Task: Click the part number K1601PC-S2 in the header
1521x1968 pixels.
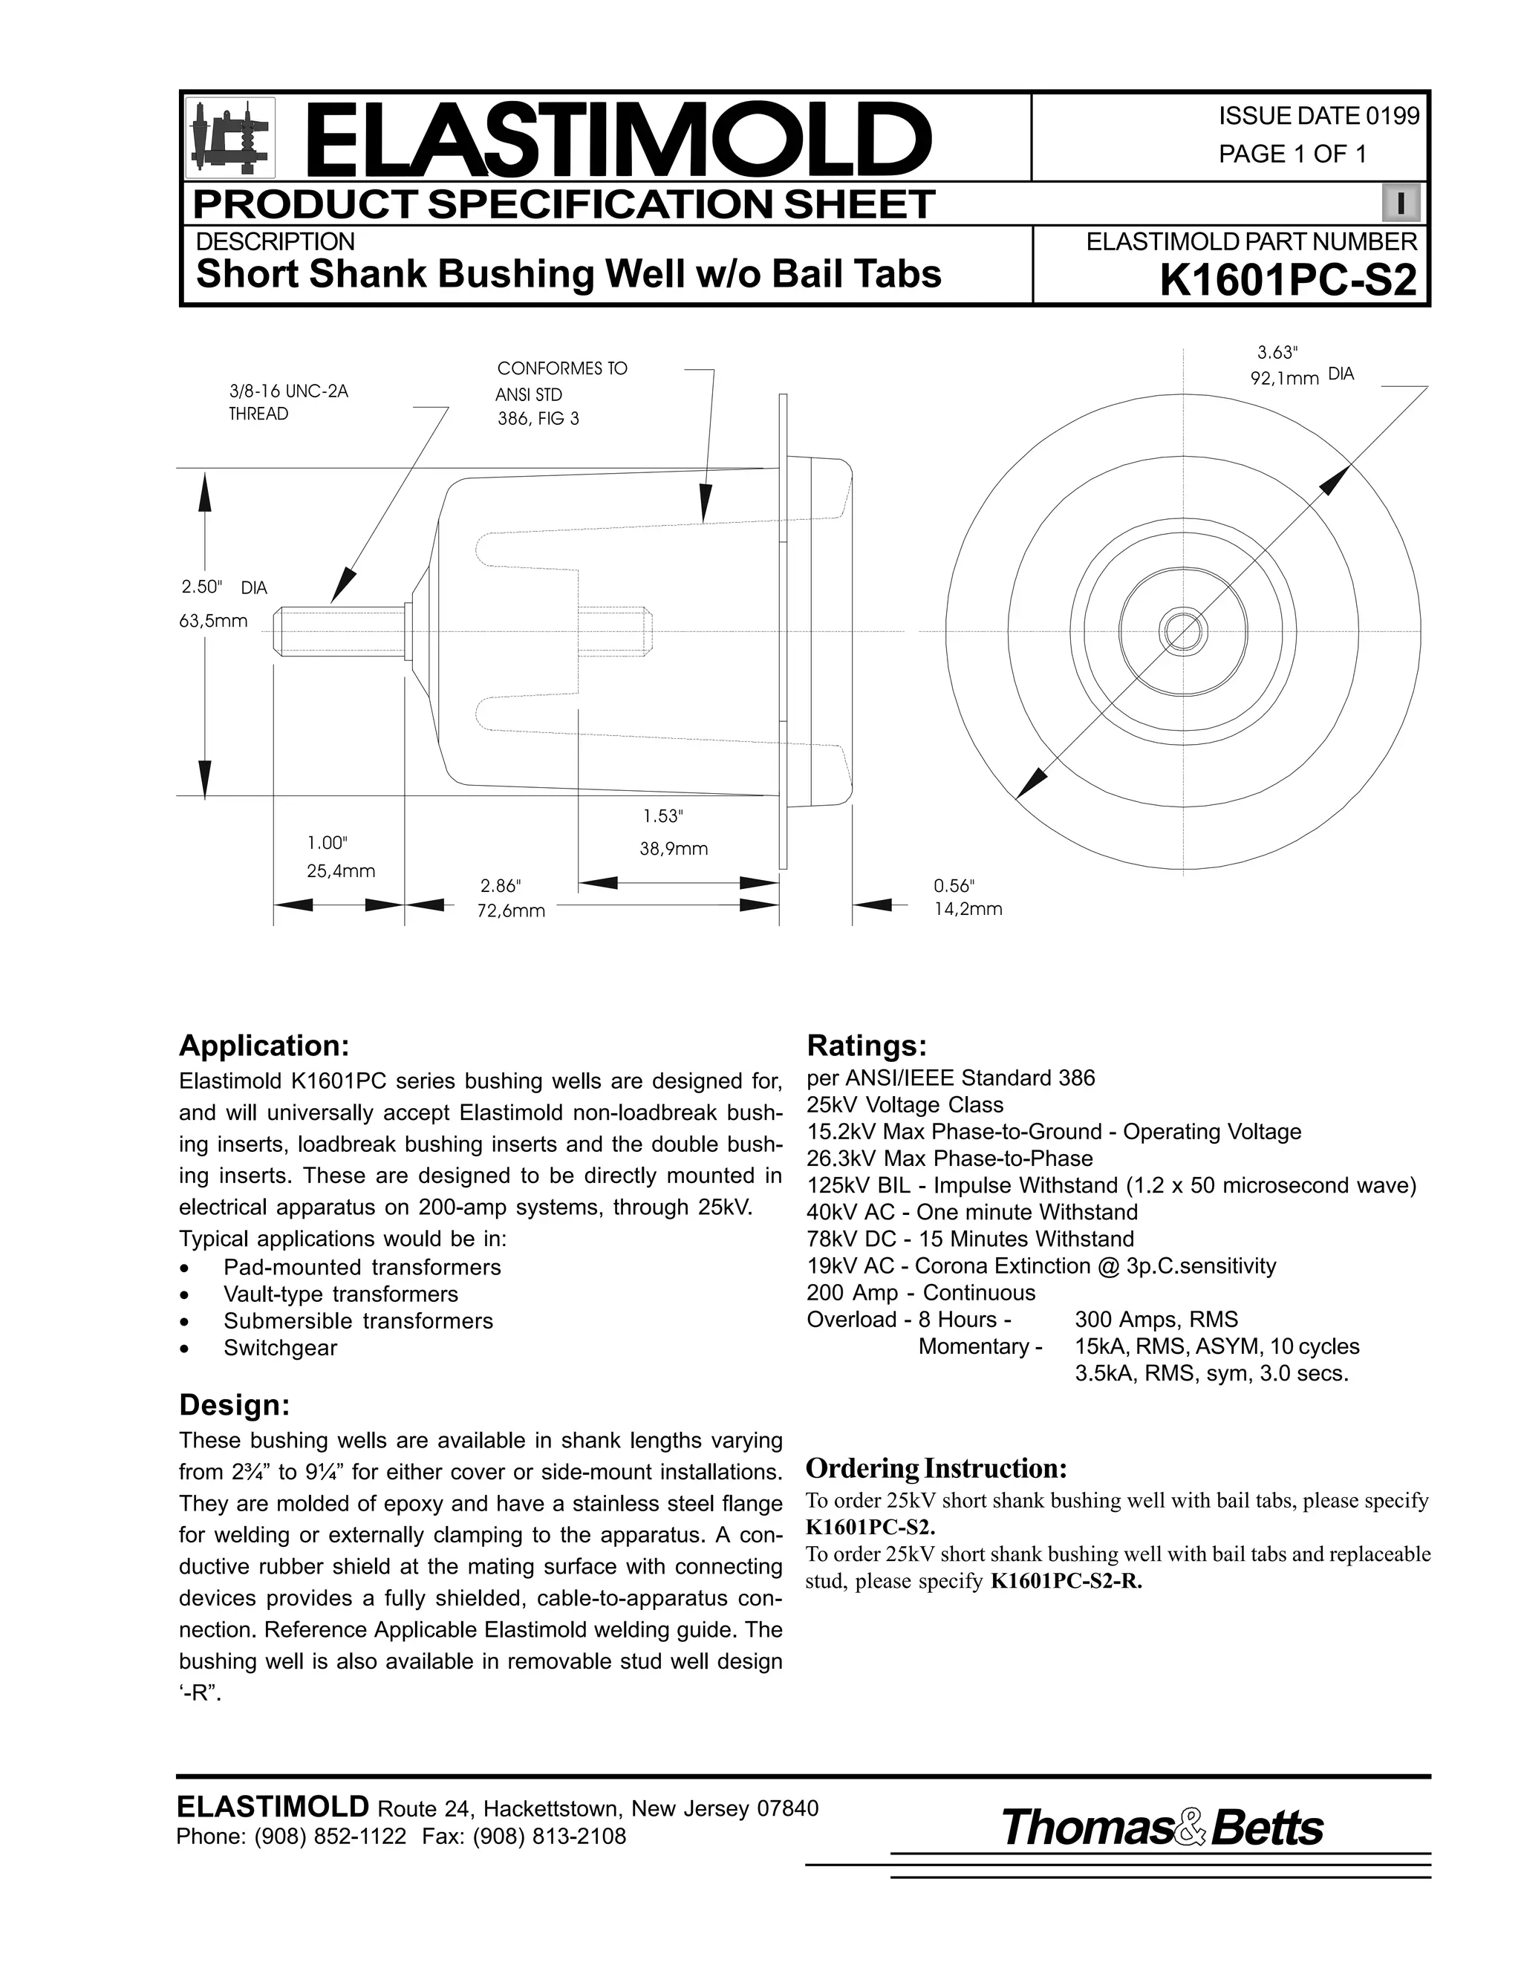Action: coord(1288,282)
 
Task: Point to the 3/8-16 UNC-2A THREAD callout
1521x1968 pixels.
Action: coord(287,403)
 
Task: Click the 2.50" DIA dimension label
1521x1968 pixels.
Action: coord(224,587)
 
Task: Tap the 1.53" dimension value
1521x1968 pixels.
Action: coord(663,816)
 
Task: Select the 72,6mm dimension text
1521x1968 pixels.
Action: coord(511,911)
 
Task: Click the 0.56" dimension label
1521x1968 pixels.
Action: coord(954,887)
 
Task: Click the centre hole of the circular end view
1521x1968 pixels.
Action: coord(1182,630)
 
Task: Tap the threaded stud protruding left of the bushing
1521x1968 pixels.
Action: coord(338,631)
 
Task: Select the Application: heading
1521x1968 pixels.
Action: coord(263,1046)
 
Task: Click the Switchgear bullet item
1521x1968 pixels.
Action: coord(280,1348)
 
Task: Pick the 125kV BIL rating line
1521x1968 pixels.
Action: coord(1111,1185)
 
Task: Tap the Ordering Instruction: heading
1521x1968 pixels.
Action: coord(937,1469)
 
